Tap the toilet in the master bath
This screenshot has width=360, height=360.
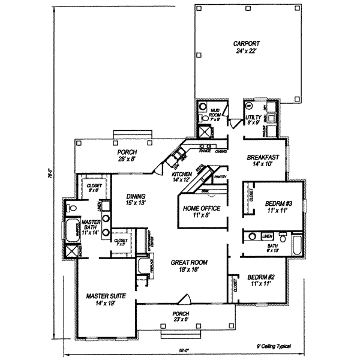coord(72,208)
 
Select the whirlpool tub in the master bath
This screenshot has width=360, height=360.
coord(73,229)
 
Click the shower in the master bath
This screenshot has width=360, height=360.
coord(72,250)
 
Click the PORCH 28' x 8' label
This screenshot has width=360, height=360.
coord(128,156)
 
